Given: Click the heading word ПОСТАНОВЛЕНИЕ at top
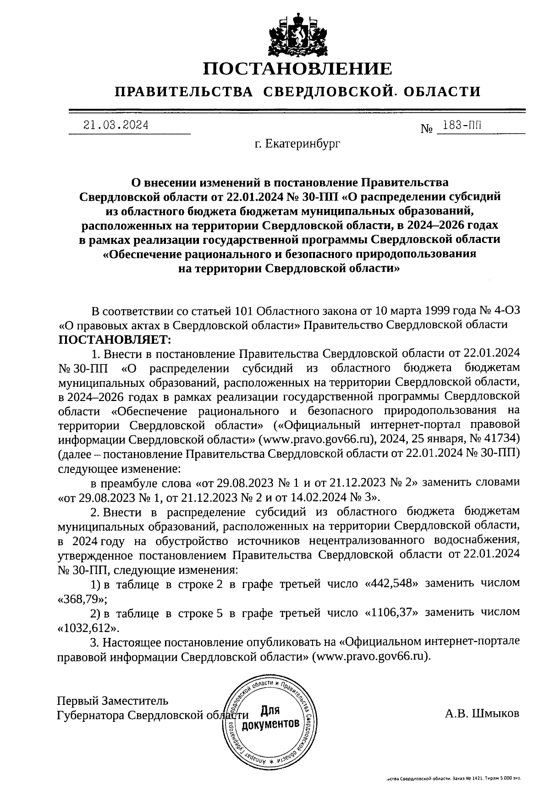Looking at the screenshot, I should (297, 69).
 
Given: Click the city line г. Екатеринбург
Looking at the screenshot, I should (298, 144).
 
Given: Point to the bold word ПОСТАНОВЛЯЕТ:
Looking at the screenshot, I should (114, 340).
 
